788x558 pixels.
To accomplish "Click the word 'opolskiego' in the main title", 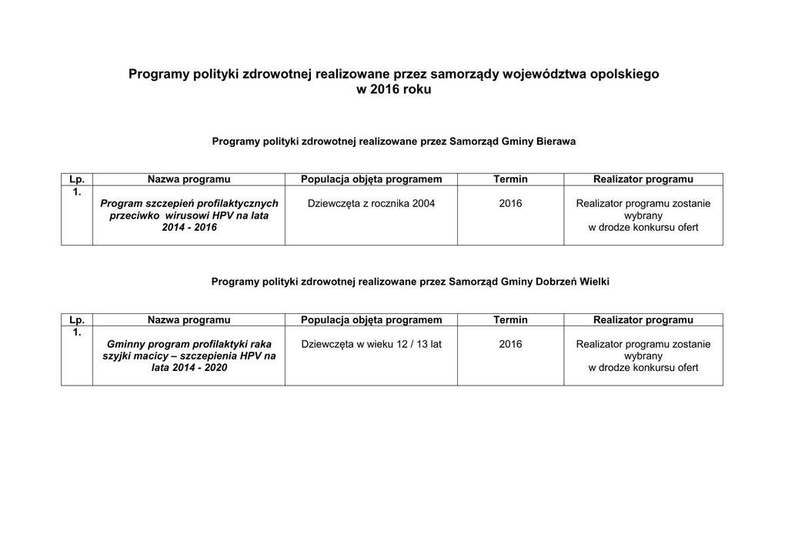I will [x=619, y=75].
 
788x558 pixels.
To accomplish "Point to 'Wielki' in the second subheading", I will [x=594, y=282].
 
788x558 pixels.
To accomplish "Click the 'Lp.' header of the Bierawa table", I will [x=77, y=179].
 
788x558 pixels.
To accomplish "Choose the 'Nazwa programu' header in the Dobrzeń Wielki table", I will [x=189, y=319].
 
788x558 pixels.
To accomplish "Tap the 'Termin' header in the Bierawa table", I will [x=510, y=179].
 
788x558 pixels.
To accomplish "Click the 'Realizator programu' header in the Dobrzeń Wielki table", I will [x=643, y=319].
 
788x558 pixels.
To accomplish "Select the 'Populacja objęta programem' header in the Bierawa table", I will [x=371, y=179].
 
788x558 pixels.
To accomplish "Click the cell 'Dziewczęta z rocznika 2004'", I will [x=371, y=204].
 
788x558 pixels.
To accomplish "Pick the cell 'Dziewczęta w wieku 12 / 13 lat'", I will [x=371, y=344].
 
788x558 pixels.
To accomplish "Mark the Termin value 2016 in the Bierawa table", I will [x=510, y=204].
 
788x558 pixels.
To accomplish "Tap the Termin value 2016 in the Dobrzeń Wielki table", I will [x=510, y=344].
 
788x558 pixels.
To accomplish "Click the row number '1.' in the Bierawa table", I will [x=77, y=192].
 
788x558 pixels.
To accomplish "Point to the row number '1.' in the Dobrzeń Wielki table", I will [x=77, y=332].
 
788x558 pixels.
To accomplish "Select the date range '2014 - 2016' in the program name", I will [x=189, y=228].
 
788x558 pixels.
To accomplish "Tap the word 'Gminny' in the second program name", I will [x=125, y=344].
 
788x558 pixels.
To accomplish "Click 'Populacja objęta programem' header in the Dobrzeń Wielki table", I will [x=371, y=319].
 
